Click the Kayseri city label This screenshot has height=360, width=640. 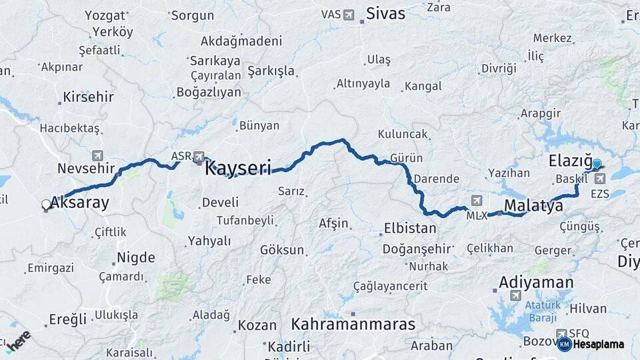(x=238, y=167)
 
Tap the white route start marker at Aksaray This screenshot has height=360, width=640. (x=46, y=205)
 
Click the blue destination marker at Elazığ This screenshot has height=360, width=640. (x=596, y=164)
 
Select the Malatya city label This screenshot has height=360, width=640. (x=533, y=206)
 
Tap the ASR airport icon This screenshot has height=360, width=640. (x=199, y=157)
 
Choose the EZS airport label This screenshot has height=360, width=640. (x=600, y=194)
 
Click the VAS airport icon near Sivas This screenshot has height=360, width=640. (x=349, y=14)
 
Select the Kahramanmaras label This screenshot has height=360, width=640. (x=353, y=325)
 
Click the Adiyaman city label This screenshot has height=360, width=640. (x=536, y=282)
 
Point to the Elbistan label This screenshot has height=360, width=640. (x=410, y=229)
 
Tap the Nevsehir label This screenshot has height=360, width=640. (x=87, y=168)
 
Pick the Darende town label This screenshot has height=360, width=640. (x=436, y=179)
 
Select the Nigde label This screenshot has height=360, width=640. (x=136, y=257)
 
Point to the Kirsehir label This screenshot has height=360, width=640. (x=88, y=97)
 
